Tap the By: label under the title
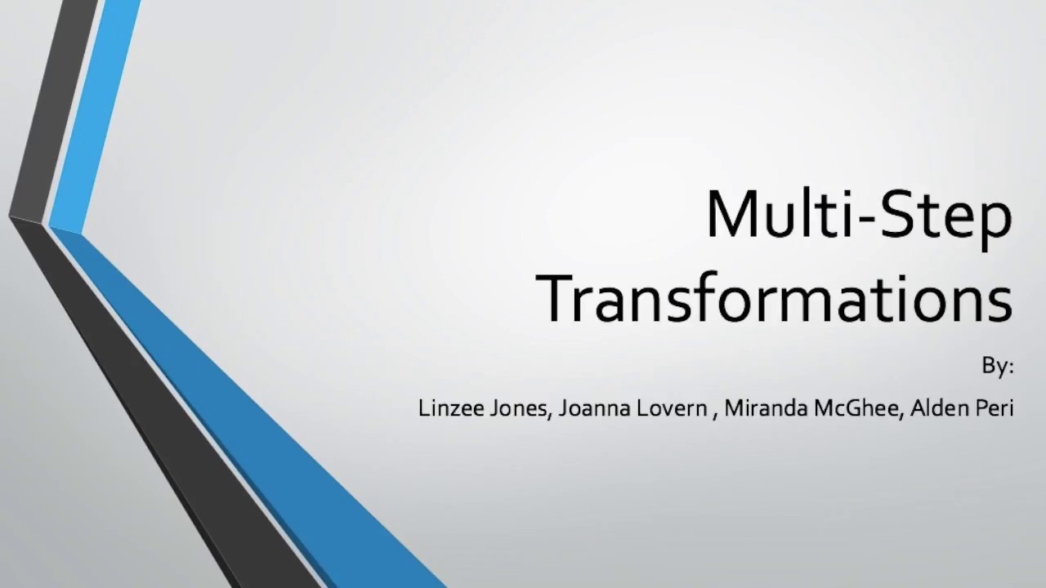997,367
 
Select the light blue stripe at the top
94,114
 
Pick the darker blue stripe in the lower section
270,408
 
